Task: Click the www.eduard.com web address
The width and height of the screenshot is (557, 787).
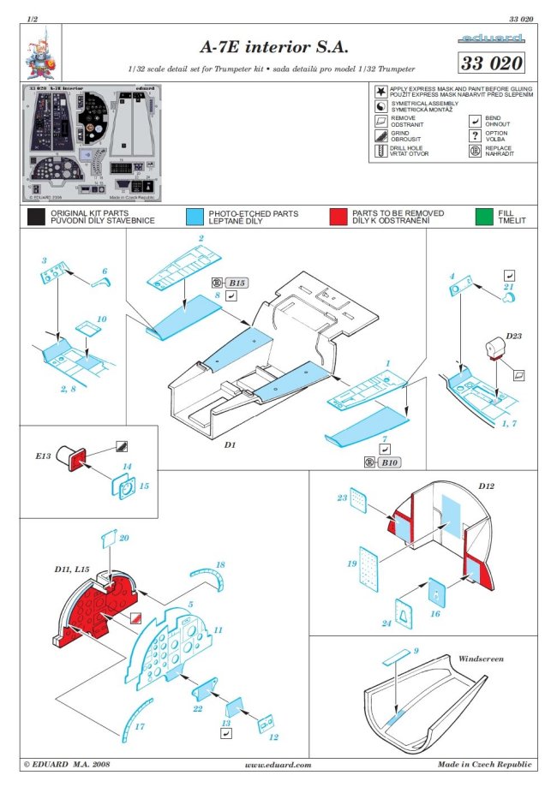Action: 278,765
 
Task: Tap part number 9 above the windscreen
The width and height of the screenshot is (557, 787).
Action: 416,652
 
